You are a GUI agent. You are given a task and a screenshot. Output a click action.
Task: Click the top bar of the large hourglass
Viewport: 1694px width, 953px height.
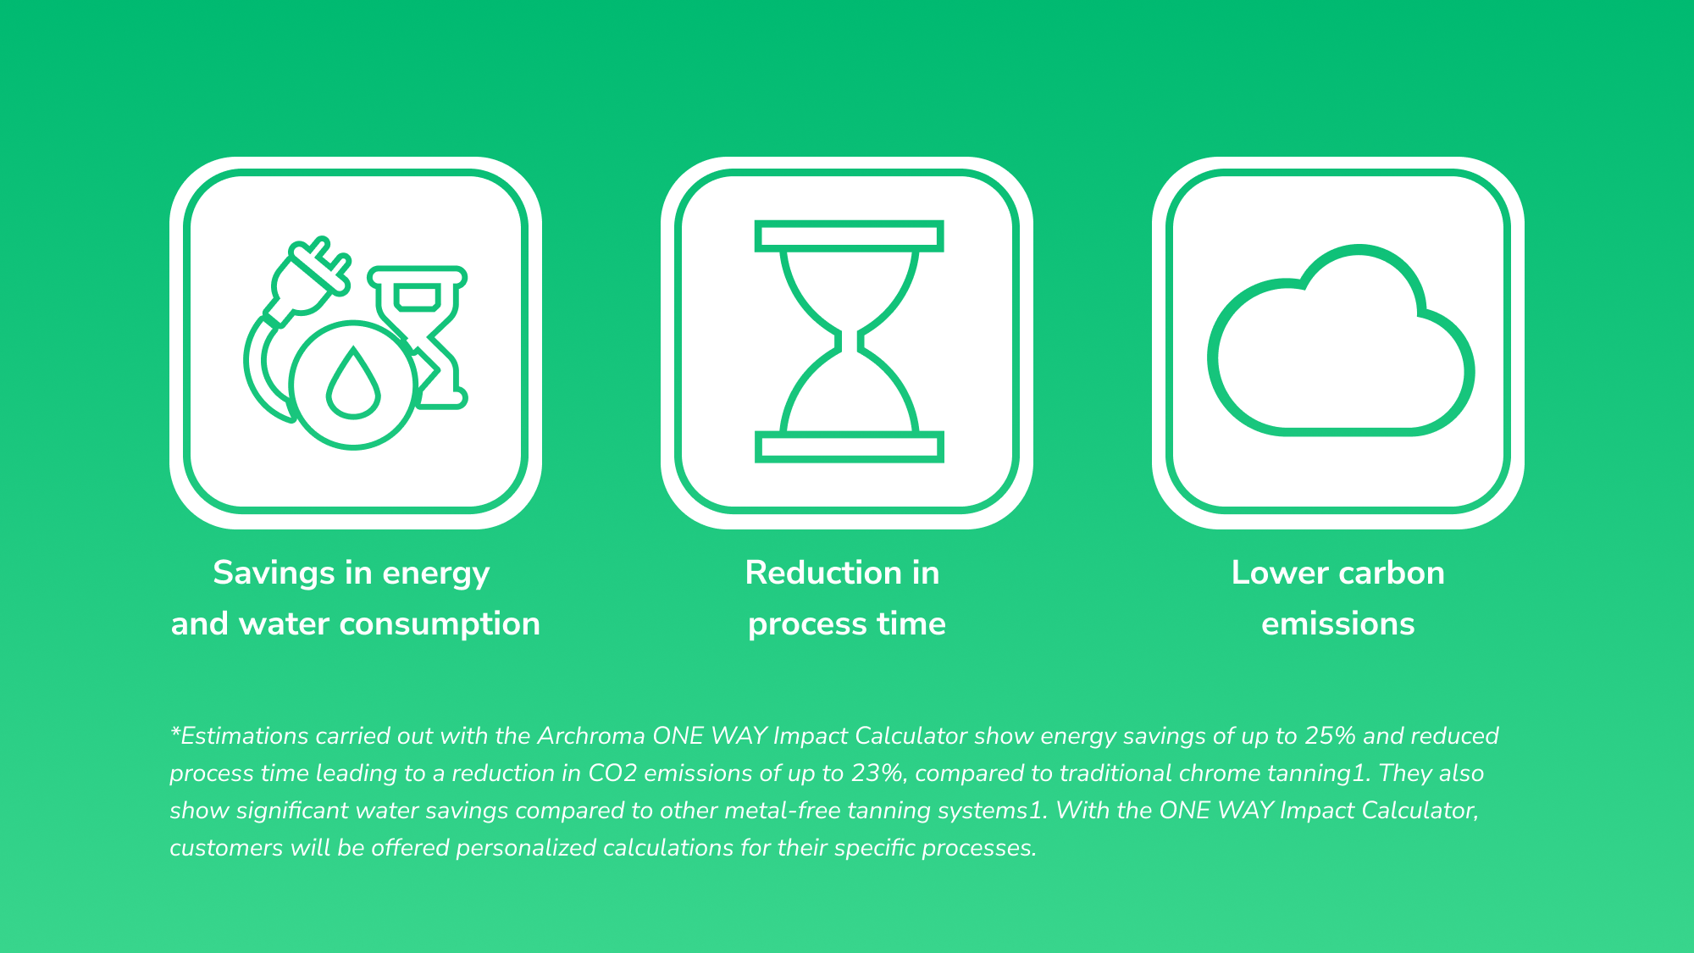click(x=849, y=236)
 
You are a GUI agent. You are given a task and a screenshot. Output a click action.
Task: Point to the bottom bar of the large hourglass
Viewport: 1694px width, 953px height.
click(x=849, y=446)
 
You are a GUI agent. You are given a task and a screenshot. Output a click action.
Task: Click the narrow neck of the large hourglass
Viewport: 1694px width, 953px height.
click(x=849, y=341)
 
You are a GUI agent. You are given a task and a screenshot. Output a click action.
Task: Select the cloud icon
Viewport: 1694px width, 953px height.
click(x=1341, y=340)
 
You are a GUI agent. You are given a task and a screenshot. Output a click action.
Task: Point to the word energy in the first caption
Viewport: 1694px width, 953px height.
click(x=435, y=574)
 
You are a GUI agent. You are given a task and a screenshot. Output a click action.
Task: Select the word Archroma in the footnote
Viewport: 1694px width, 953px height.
click(x=591, y=735)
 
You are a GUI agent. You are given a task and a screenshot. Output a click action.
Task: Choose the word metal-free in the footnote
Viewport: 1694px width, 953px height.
click(x=783, y=810)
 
